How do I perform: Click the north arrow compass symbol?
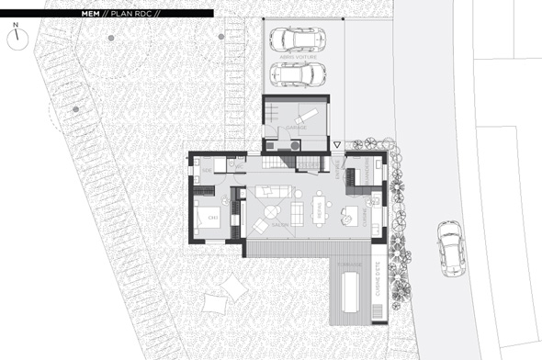(x=17, y=38)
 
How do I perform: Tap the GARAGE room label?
(x=296, y=128)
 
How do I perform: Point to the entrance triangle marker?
(x=337, y=145)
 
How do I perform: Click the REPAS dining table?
(x=319, y=210)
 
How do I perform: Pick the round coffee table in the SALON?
(x=259, y=226)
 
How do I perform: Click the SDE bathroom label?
(x=209, y=172)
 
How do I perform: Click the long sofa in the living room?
(x=273, y=192)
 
